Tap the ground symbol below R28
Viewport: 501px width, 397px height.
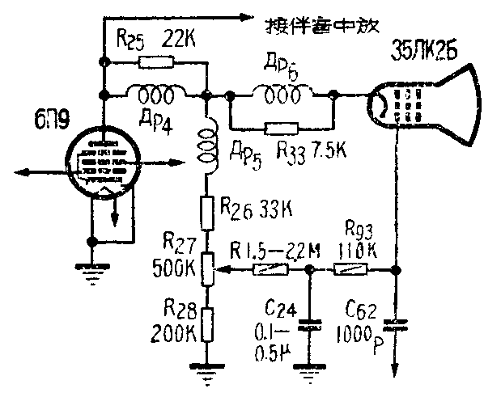(208, 370)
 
